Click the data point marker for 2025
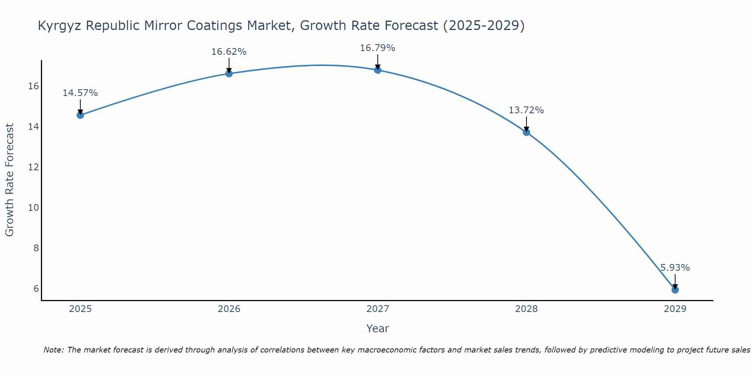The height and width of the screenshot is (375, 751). (80, 115)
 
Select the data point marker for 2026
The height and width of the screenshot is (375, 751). (229, 73)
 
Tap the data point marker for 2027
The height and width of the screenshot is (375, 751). (377, 70)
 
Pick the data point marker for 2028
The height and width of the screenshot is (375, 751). (526, 132)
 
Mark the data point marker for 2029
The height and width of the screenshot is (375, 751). (675, 289)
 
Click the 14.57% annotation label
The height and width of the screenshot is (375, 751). (80, 93)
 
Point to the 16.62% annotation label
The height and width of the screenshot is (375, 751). (229, 52)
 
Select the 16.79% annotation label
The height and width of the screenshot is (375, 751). (377, 48)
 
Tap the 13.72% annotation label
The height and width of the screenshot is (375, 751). (526, 110)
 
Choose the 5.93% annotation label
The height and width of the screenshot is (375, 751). (675, 268)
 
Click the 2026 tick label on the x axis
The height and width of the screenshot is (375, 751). (229, 309)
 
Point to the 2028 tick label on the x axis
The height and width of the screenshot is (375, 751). (526, 309)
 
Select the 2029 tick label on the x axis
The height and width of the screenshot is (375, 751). (675, 309)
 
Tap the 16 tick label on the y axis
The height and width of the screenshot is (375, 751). (33, 86)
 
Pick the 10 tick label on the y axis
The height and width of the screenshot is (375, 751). (33, 207)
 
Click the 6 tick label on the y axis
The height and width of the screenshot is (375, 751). (36, 288)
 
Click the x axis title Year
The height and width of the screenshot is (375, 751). (377, 328)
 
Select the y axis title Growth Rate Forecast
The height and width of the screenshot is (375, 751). (9, 180)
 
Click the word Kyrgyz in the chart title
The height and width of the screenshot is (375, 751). (60, 26)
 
